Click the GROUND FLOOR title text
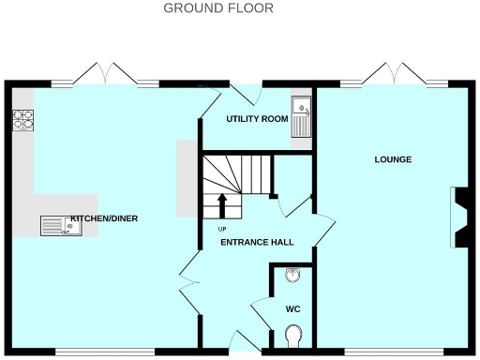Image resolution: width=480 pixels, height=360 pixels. [x=218, y=8]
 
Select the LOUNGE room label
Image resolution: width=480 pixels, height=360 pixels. [x=393, y=159]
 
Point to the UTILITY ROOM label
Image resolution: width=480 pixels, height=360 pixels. [x=256, y=119]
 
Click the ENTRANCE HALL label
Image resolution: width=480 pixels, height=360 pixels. [x=257, y=242]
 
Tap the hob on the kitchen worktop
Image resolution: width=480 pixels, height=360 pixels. [x=22, y=120]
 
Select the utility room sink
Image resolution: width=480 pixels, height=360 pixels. [x=301, y=117]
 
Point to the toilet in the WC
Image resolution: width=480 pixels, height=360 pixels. [x=293, y=334]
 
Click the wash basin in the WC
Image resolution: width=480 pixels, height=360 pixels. [x=293, y=275]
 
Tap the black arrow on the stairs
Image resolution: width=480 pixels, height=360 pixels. [x=222, y=204]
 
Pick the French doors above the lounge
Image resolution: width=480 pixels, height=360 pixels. [x=393, y=74]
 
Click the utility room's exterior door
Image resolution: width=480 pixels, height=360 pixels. [x=247, y=93]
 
